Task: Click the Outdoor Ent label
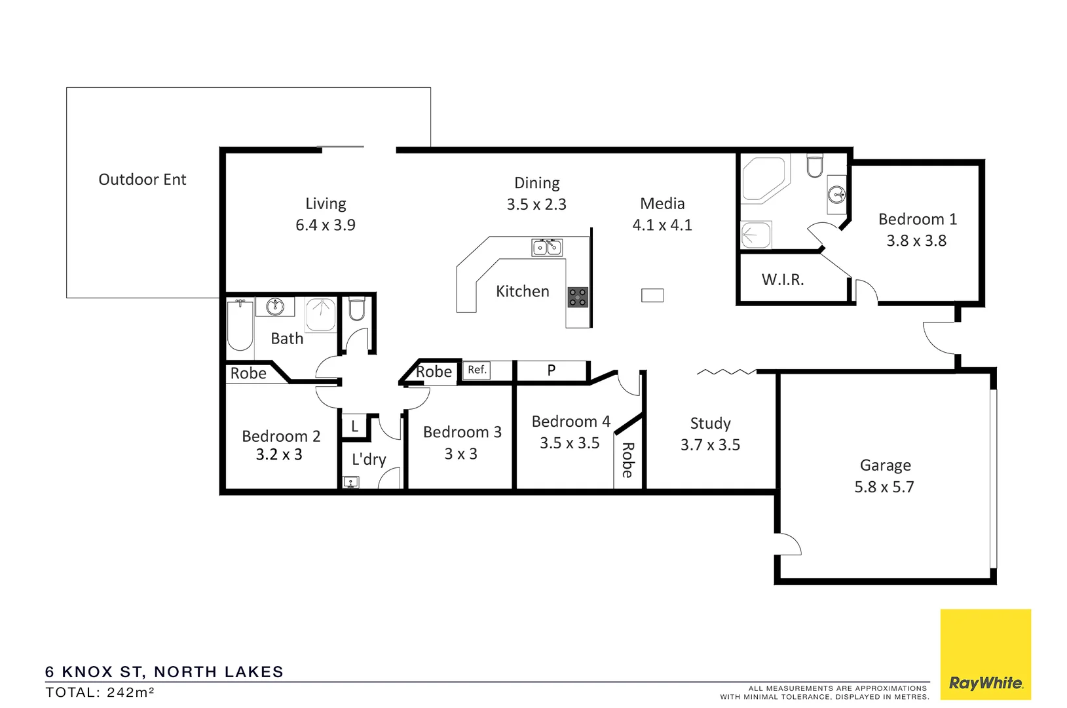pos(142,180)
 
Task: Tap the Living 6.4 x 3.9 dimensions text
pos(325,225)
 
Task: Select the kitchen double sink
pos(547,247)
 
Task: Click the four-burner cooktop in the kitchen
pos(577,297)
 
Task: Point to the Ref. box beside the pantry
pos(477,370)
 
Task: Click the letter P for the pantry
pos(551,370)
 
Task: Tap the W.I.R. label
pos(782,280)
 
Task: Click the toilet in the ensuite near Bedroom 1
pos(814,166)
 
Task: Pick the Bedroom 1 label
pos(917,220)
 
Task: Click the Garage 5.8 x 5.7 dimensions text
pos(884,487)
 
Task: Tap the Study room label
pos(710,423)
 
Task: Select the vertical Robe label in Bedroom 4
pos(627,460)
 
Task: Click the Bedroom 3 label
pos(462,433)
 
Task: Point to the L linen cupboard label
pos(354,427)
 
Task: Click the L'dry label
pos(369,459)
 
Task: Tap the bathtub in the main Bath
pos(240,326)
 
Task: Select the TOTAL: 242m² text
pos(100,692)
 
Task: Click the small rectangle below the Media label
pos(652,296)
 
